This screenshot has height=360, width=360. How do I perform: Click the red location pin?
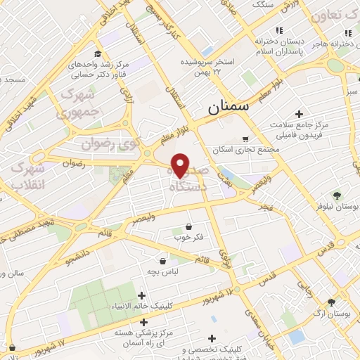coord(180,165)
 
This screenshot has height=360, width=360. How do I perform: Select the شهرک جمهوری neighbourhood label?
coord(79,103)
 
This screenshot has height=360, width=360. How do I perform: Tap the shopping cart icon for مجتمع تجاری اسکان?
coord(245,139)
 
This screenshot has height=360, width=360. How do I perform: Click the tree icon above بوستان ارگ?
coord(331,303)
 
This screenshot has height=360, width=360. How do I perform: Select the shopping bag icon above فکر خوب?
coord(188,226)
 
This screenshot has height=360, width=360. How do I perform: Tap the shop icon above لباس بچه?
coord(162,259)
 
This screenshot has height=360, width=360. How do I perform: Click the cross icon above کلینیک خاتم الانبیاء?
coord(142,296)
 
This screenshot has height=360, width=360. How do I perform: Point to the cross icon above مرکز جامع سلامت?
coord(299,114)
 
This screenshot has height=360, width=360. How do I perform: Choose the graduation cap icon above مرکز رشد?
coord(98,54)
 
